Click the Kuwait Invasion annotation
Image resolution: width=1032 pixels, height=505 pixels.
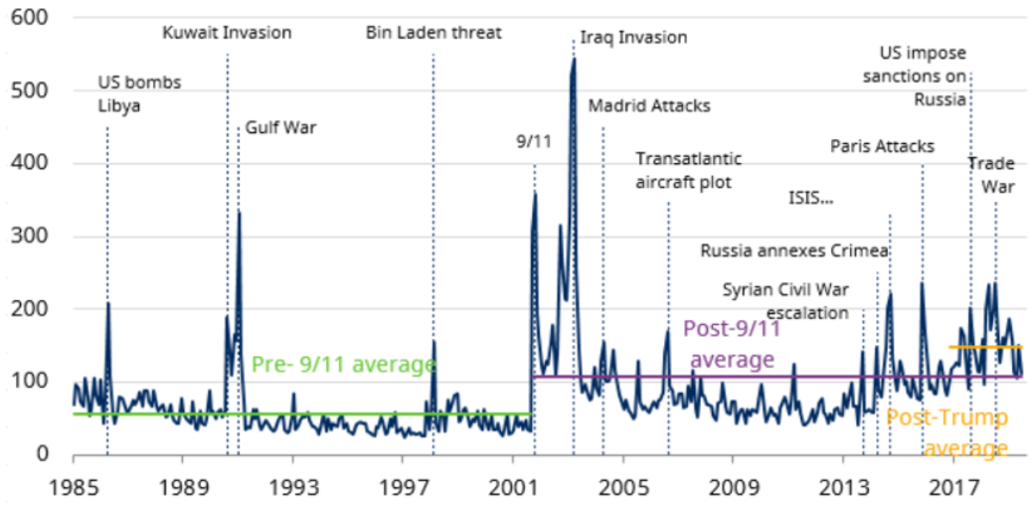tap(227, 33)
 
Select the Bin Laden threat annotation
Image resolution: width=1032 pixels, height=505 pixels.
tap(433, 33)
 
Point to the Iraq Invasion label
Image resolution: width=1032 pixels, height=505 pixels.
tap(633, 38)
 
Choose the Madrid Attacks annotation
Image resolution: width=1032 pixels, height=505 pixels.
tap(649, 106)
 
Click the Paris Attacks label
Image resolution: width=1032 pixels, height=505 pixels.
tap(882, 146)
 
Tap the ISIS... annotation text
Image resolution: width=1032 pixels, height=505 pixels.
tap(813, 198)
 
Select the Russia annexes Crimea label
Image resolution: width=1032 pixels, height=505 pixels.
tap(794, 251)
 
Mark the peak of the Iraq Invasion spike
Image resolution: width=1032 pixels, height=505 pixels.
tap(574, 59)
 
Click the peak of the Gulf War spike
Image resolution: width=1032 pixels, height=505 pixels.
tap(239, 211)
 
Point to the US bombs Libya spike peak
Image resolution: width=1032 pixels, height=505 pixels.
tap(108, 303)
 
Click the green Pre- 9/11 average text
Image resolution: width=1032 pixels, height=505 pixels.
tap(343, 364)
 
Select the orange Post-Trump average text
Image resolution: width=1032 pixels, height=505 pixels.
tap(946, 433)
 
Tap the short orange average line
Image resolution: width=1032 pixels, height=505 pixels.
tap(985, 347)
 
